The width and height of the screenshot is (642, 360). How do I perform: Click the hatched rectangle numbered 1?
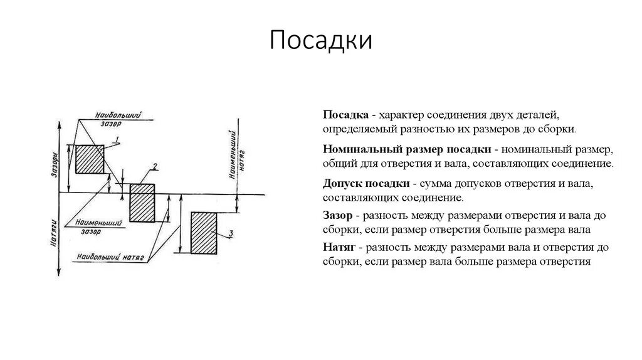pos(90,159)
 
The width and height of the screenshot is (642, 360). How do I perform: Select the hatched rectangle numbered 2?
pos(141,202)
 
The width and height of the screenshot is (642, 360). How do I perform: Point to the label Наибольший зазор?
pos(117,119)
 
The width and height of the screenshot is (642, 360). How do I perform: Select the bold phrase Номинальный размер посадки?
pos(407,151)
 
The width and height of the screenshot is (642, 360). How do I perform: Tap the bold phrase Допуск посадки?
pos(366,184)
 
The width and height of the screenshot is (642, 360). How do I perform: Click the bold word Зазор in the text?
pos(338,215)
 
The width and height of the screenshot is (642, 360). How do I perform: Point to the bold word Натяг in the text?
pos(339,247)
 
